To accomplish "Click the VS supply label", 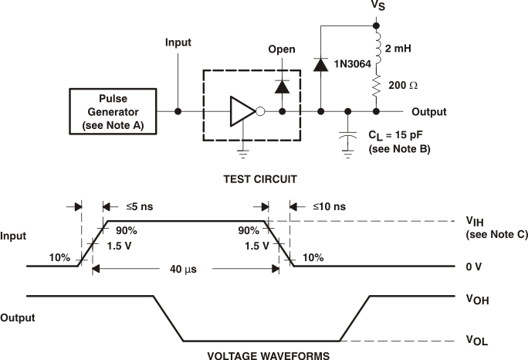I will (377, 7).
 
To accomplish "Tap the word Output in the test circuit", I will (430, 112).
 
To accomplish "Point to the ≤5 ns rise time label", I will (140, 207).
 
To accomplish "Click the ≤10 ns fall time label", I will (328, 207).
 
